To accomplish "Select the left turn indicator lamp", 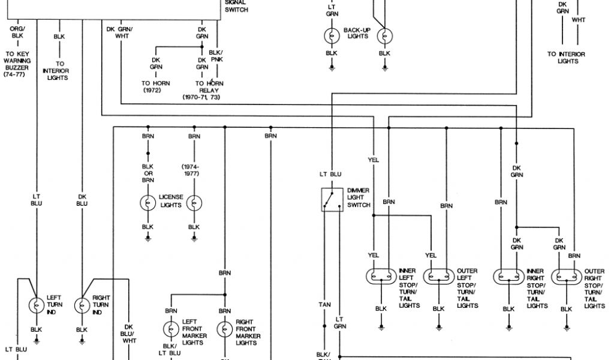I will coord(37,305).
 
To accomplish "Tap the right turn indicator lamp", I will coord(82,305).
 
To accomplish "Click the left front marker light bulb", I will coord(171,329).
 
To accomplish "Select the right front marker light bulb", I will coord(225,329).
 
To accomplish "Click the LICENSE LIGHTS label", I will coord(170,200).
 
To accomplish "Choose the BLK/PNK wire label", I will coord(216,56).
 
